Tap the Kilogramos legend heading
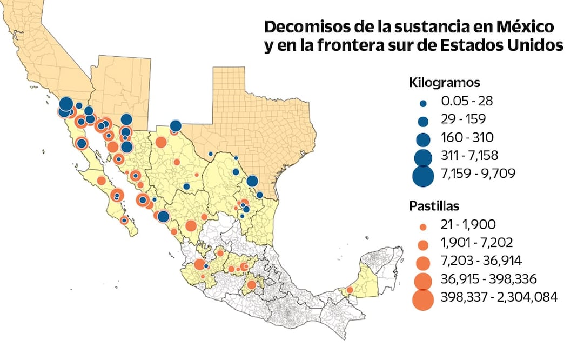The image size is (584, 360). (x=445, y=83)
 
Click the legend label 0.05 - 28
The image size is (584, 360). (x=467, y=101)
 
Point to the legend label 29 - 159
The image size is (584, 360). (x=463, y=119)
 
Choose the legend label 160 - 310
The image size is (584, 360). (x=467, y=137)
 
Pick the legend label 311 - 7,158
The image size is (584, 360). (x=469, y=156)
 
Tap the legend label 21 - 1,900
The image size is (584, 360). (x=468, y=224)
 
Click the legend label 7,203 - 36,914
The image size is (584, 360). (x=481, y=261)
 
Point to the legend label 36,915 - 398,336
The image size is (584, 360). (x=488, y=279)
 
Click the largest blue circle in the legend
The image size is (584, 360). (x=423, y=175)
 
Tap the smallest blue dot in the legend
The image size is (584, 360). (x=423, y=103)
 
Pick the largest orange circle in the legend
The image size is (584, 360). (x=423, y=299)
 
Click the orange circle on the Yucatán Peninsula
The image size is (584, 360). (x=350, y=290)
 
